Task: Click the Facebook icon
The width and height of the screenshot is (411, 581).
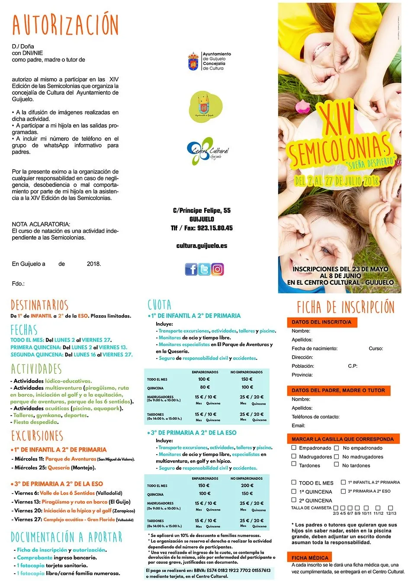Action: click(191, 270)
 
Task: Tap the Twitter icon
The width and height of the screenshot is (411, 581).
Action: click(204, 270)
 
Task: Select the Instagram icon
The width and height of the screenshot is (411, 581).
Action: click(218, 270)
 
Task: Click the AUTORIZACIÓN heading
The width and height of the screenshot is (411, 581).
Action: click(65, 25)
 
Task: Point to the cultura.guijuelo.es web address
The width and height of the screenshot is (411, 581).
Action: click(202, 246)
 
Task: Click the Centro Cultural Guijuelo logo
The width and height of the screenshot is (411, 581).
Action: click(208, 151)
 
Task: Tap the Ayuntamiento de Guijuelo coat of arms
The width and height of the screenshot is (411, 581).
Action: click(193, 62)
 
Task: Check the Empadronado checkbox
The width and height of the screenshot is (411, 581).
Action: click(294, 448)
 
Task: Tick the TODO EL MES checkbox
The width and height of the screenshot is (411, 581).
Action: click(294, 482)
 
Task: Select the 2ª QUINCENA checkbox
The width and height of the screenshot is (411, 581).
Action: click(294, 500)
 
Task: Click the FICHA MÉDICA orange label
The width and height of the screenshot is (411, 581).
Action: click(310, 558)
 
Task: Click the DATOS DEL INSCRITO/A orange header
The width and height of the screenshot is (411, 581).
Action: click(321, 322)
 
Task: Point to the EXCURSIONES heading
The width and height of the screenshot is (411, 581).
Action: click(37, 436)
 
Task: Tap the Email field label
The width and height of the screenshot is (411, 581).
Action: click(298, 425)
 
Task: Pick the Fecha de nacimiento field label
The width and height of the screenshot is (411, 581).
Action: click(315, 348)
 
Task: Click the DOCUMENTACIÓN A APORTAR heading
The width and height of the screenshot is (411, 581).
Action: click(67, 537)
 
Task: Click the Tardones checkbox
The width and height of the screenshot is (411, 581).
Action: click(294, 464)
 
